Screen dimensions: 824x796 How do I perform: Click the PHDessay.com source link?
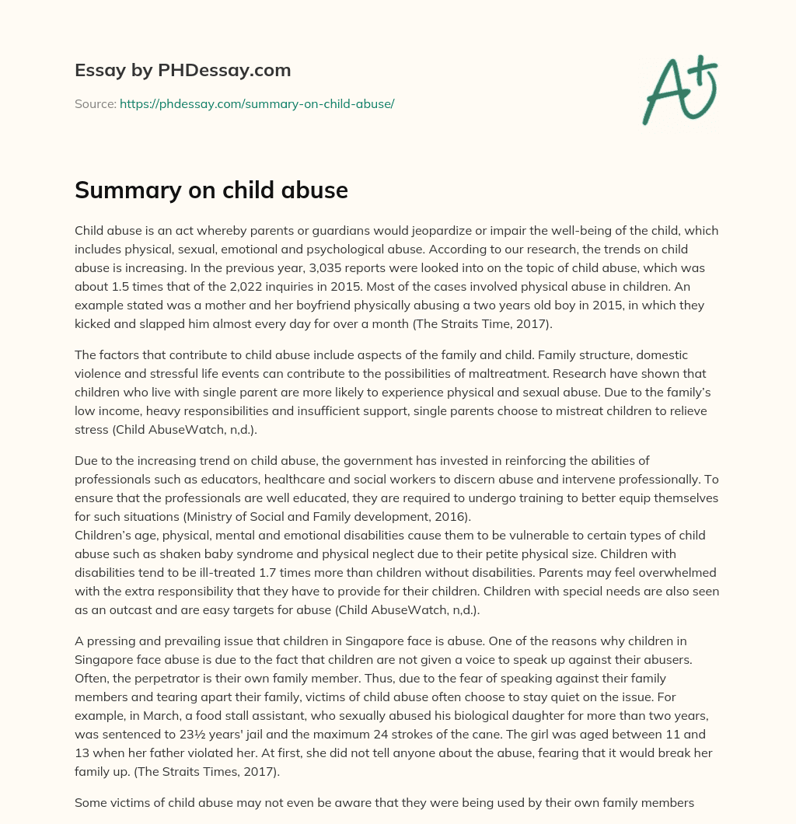pos(257,103)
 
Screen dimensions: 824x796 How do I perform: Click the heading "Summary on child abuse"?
pos(211,190)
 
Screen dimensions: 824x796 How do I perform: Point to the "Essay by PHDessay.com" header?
pos(183,70)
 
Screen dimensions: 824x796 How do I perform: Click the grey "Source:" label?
pos(96,103)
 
